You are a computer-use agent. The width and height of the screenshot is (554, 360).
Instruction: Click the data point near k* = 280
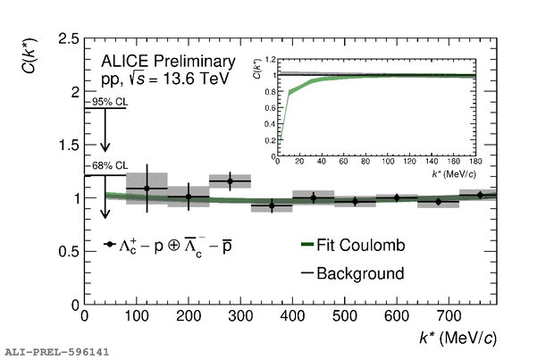point(231,181)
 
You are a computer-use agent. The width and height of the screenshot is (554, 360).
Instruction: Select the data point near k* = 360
point(272,205)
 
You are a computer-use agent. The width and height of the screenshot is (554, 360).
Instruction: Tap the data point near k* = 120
point(147,188)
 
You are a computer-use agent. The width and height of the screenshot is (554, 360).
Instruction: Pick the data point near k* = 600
point(397,197)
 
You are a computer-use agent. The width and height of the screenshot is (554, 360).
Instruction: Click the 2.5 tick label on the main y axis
point(65,39)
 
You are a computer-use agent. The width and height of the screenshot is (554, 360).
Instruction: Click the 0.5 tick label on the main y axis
point(65,251)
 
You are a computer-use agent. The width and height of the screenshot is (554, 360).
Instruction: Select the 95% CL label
point(108,102)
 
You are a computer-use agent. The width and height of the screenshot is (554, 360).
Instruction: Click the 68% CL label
point(108,166)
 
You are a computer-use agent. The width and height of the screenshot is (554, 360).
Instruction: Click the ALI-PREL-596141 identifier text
point(55,352)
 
